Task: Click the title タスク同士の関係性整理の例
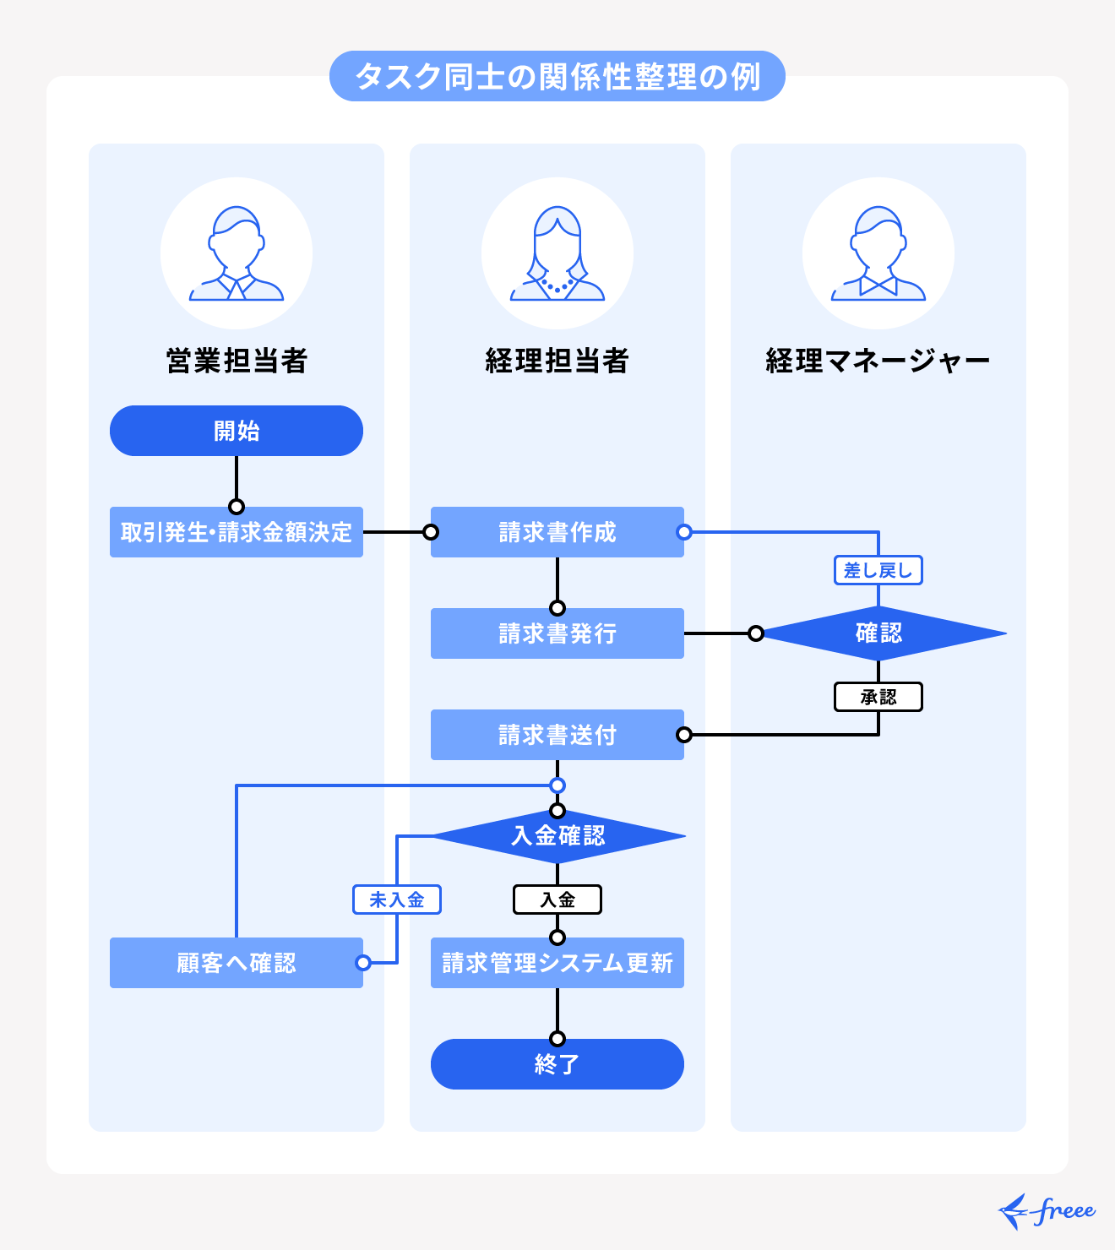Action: [557, 76]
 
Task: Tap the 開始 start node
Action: [237, 431]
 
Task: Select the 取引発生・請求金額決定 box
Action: [237, 532]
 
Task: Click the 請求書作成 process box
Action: [557, 532]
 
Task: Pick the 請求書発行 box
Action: [557, 633]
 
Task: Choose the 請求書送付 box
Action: [557, 735]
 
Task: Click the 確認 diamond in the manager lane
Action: [878, 633]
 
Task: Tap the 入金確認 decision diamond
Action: [557, 836]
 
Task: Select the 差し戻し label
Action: [878, 570]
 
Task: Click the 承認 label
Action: [878, 697]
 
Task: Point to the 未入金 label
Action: [397, 899]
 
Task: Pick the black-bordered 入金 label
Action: [557, 899]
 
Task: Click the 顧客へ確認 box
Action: [237, 963]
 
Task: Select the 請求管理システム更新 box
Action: [557, 963]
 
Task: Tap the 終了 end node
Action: [557, 1064]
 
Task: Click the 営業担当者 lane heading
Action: [237, 361]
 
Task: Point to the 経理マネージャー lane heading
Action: [878, 361]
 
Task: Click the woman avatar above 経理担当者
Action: [557, 253]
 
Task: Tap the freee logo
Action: [1047, 1212]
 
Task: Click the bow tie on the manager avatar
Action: [878, 285]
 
